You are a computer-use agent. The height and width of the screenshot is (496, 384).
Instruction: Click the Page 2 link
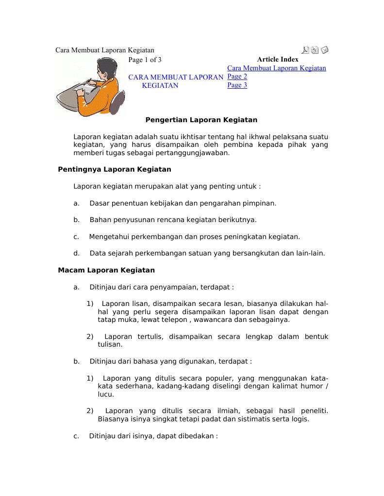(x=237, y=77)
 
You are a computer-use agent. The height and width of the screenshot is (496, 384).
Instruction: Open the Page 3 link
(x=237, y=85)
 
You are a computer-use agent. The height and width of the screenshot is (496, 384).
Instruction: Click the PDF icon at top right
(x=305, y=50)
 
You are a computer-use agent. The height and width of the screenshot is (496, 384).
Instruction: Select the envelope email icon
(x=325, y=50)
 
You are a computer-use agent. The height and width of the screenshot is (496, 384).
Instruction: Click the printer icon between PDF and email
(x=315, y=50)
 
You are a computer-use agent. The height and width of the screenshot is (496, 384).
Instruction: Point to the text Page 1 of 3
(x=145, y=60)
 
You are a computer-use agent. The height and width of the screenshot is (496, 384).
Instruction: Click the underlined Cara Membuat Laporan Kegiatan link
(x=276, y=68)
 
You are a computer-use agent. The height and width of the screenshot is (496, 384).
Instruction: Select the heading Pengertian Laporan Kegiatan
(x=201, y=120)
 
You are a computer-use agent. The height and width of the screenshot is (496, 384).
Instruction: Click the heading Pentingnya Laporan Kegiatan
(x=115, y=170)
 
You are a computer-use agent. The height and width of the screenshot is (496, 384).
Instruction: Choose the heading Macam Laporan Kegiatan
(x=106, y=270)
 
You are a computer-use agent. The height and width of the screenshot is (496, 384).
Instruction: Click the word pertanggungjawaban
(x=193, y=153)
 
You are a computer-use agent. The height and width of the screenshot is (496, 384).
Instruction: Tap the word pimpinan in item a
(x=261, y=203)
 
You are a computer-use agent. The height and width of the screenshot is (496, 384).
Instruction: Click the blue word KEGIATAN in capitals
(x=160, y=86)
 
